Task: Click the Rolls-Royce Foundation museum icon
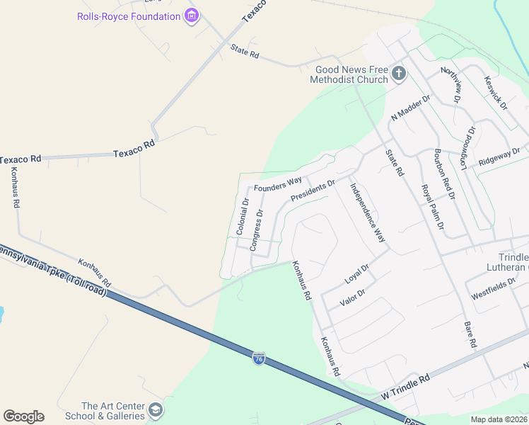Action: coord(190,16)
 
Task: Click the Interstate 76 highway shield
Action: coord(259,359)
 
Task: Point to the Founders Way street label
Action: coord(278,185)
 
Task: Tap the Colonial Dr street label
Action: coord(243,216)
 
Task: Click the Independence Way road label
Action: coord(368,214)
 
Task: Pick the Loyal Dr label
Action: coord(357,274)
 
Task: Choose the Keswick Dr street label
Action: coord(495,93)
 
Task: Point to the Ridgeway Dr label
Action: coord(499,156)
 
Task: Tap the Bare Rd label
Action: coord(470,334)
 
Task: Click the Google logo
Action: coord(23,416)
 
